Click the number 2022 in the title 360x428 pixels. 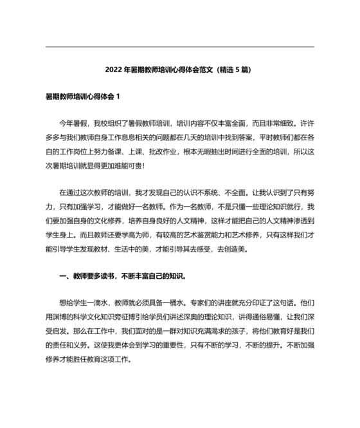click(114, 69)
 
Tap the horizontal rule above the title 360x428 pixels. click(180, 46)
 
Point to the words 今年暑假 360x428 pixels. click(73, 122)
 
